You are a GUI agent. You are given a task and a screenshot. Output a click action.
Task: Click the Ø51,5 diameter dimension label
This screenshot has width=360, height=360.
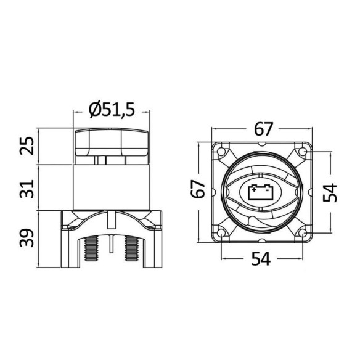(112, 110)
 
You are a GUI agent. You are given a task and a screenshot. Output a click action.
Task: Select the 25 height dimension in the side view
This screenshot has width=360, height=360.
(27, 146)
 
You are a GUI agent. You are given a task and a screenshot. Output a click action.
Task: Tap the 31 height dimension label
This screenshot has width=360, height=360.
(27, 189)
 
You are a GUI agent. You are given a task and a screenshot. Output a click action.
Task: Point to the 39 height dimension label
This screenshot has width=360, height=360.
(27, 238)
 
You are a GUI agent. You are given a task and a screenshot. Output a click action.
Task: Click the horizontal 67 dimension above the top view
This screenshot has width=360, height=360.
(263, 129)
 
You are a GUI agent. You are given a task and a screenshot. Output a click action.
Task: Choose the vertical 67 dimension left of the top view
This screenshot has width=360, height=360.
(198, 189)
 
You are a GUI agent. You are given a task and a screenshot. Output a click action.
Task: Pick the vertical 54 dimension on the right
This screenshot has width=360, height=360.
(330, 192)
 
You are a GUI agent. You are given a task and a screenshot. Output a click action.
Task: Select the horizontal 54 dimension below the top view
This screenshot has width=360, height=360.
(261, 258)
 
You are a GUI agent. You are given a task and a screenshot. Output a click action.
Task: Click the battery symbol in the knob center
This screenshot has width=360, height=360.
(261, 192)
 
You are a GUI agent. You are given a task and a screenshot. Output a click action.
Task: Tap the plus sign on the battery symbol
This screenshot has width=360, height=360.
(254, 190)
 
